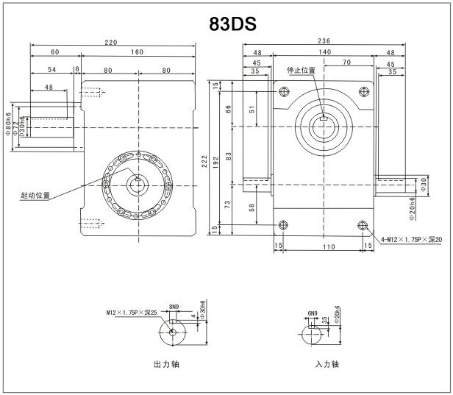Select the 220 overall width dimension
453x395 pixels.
click(111, 43)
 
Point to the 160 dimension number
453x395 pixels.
click(138, 52)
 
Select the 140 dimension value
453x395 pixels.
click(324, 52)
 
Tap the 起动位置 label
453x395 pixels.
click(36, 196)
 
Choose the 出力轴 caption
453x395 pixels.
click(166, 363)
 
